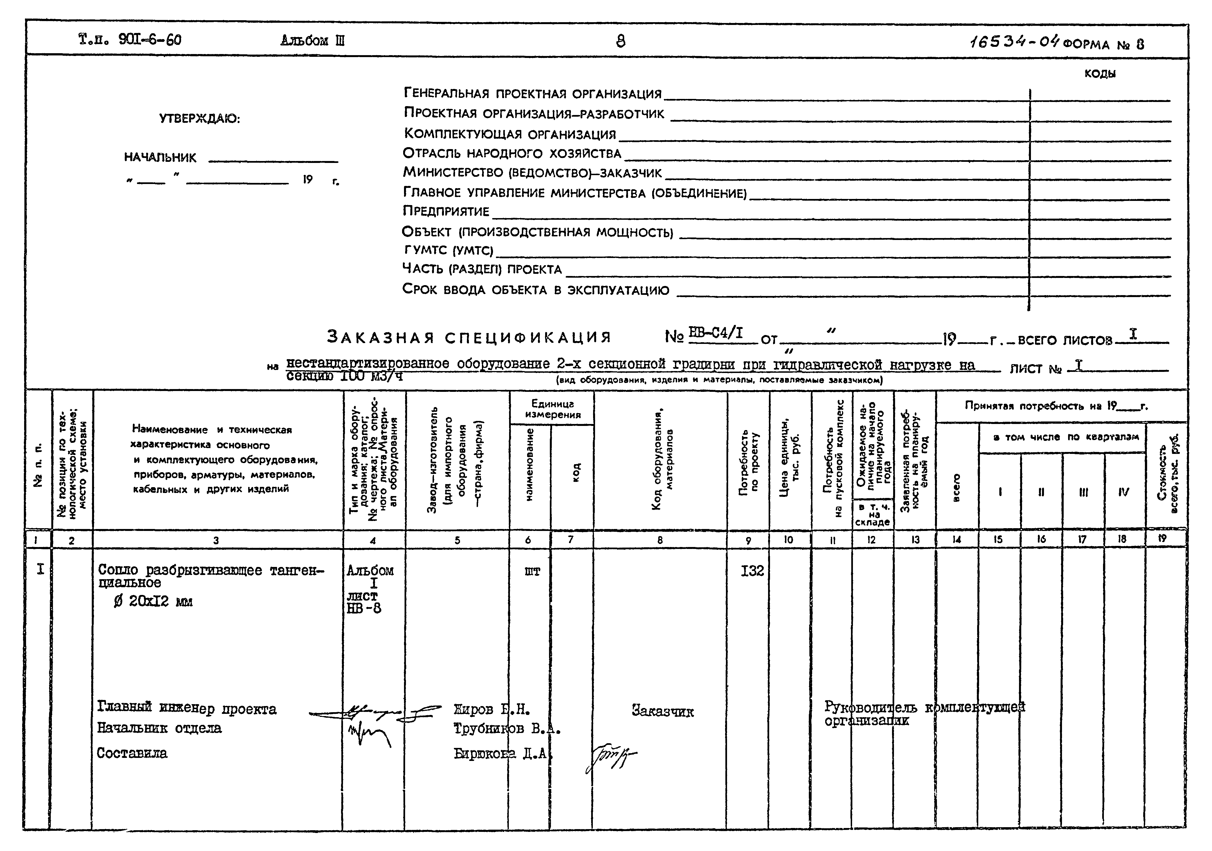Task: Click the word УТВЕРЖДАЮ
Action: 200,119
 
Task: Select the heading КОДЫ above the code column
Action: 1100,74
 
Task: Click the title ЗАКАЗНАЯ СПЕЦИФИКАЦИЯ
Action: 469,337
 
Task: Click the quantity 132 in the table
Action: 752,571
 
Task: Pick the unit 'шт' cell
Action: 532,571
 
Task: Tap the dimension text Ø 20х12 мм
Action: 153,601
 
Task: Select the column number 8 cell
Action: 660,540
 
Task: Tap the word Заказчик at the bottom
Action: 662,711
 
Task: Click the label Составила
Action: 132,753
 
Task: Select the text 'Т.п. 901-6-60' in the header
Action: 130,40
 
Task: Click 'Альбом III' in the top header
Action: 312,41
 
